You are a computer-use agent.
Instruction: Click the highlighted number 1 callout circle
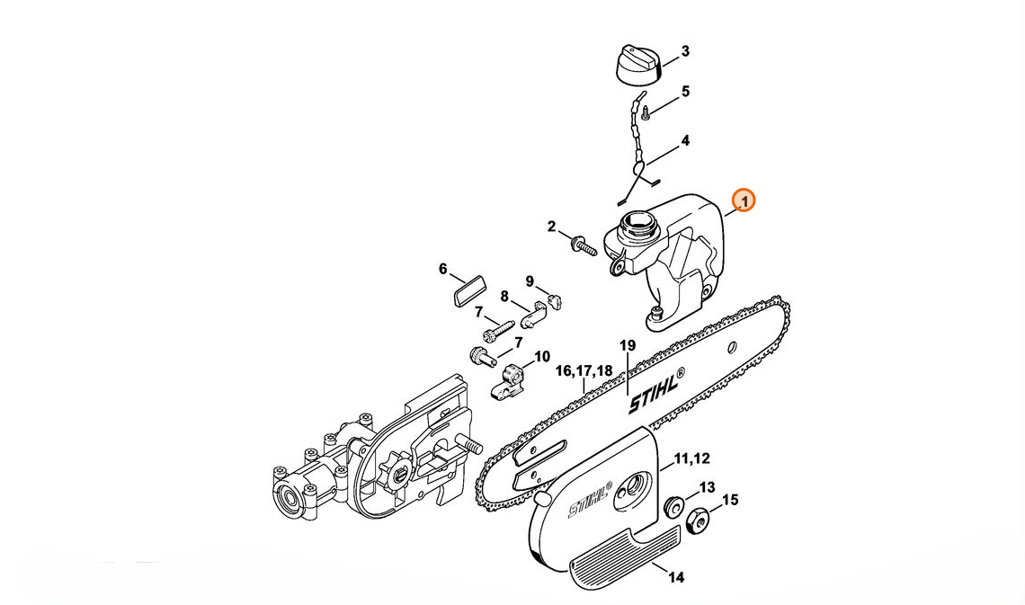click(x=744, y=200)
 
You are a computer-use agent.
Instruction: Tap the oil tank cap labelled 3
click(x=639, y=66)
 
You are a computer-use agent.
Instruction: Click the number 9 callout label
click(x=530, y=281)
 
